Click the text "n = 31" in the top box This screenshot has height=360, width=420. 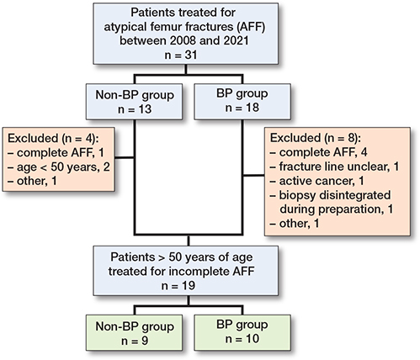coord(181,55)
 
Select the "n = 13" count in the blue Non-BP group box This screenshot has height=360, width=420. coord(135,109)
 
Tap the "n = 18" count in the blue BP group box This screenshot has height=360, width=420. coord(242,108)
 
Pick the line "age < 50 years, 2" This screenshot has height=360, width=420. coord(60,167)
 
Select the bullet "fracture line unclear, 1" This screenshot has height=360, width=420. coord(335,167)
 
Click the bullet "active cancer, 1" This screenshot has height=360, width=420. coord(317,181)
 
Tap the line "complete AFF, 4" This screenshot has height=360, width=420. coord(319,152)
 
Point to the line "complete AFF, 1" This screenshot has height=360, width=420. coord(56,153)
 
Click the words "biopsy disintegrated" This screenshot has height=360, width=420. coord(335,195)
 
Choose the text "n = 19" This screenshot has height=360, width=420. coord(178,286)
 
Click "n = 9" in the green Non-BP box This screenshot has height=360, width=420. coord(135,341)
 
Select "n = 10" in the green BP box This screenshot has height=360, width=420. coord(242,339)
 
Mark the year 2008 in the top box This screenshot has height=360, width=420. coord(183,40)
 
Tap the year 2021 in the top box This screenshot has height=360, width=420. coord(236,40)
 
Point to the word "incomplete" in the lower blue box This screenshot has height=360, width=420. coord(201,271)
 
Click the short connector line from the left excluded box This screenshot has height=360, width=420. coord(125,157)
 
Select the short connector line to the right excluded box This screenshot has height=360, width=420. coord(253,176)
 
